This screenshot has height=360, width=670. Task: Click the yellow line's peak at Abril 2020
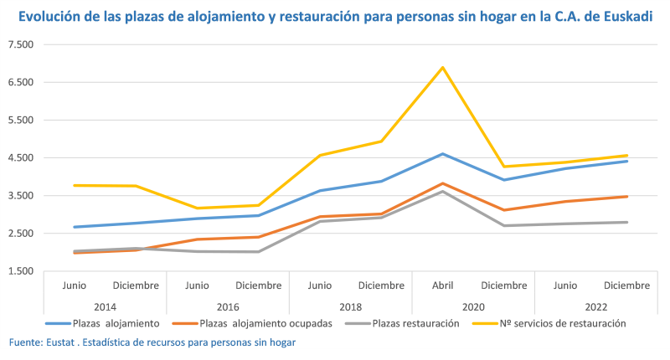click(442, 67)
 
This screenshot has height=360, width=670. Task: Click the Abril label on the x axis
click(442, 285)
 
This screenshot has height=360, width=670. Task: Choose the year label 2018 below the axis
click(350, 306)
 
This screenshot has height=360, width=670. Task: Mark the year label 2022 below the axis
click(595, 306)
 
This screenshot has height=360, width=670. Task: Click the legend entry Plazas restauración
click(415, 323)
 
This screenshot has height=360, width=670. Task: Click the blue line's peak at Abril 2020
click(442, 154)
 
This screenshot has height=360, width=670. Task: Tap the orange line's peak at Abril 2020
click(442, 183)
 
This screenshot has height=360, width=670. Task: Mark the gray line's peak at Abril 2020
click(442, 192)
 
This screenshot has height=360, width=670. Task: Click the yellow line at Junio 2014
click(75, 185)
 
